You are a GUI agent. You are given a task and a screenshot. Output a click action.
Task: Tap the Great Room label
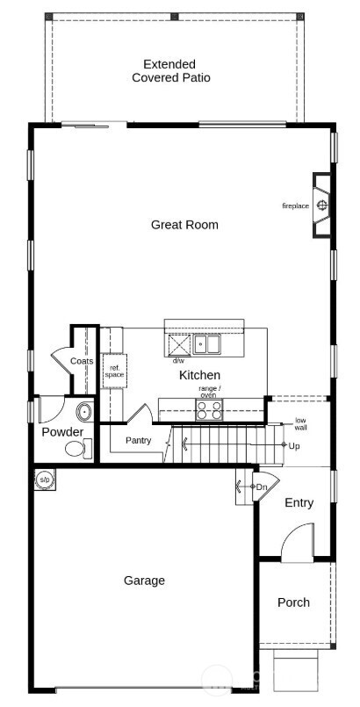pos(184,225)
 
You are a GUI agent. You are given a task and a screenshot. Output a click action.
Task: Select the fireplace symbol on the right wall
pos(322,206)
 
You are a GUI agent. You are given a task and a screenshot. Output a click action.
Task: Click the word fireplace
pos(295,206)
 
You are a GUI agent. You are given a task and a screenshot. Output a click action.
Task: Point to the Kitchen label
pos(199,375)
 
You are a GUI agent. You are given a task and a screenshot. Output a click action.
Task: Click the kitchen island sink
pos(206,345)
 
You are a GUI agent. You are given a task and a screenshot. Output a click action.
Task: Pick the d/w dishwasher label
pos(178,361)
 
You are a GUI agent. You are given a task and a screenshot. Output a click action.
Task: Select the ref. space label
pos(114,371)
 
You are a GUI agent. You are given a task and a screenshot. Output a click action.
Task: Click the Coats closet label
pos(82,361)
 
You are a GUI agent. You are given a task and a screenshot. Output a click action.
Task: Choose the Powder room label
pos(62,432)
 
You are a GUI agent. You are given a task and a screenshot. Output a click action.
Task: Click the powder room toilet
pos(77,449)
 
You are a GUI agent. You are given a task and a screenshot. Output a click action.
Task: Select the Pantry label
pos(138,440)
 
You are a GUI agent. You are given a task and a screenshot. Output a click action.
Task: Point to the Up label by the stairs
pos(293,446)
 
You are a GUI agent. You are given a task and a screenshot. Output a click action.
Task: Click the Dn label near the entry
pos(261,487)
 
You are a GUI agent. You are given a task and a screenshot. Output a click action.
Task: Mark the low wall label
pos(300,423)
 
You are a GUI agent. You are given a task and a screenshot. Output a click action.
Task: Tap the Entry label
pos(299,503)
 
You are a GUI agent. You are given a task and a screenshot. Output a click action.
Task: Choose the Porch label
pos(293,602)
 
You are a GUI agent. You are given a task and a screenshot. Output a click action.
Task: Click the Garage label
pos(144,581)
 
